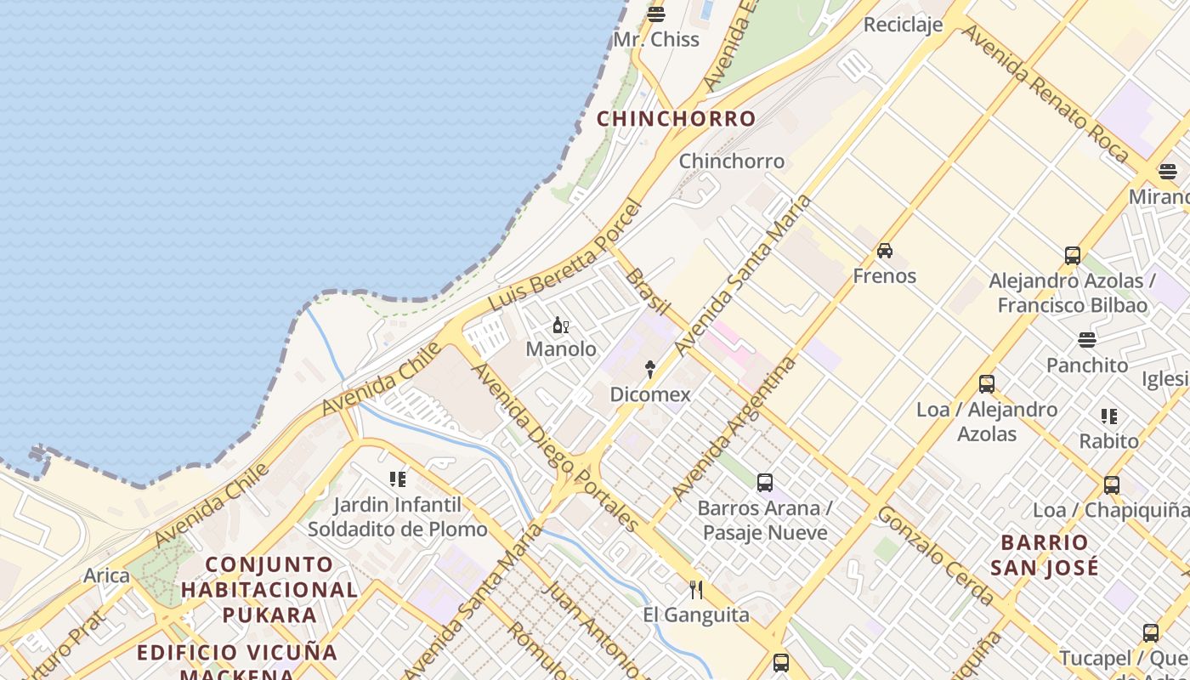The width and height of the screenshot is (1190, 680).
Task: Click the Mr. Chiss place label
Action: click(656, 39)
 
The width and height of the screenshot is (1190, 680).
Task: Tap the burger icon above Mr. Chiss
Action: click(655, 14)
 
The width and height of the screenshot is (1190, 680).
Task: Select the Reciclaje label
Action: click(903, 25)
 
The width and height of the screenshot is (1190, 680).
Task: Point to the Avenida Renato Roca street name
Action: click(1045, 93)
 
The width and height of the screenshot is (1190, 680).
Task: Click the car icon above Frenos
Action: click(885, 251)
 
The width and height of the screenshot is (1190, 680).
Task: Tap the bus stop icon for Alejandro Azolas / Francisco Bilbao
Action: click(1073, 255)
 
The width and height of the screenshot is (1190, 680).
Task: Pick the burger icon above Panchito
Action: click(1087, 340)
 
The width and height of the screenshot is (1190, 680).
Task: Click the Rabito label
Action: click(1109, 441)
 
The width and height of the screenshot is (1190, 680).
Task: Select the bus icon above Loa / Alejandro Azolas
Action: click(987, 384)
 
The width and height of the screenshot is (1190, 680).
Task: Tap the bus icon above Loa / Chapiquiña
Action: click(1112, 485)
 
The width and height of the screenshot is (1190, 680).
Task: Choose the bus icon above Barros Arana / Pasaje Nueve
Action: click(765, 483)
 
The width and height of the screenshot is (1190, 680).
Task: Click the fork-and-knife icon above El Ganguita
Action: click(696, 590)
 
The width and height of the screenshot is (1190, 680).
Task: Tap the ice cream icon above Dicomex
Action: click(650, 369)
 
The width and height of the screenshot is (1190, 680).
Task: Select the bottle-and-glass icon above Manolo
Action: click(561, 325)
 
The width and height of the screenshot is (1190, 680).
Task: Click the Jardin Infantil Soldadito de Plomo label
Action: click(398, 517)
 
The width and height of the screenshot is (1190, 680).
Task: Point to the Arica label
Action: click(106, 575)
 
